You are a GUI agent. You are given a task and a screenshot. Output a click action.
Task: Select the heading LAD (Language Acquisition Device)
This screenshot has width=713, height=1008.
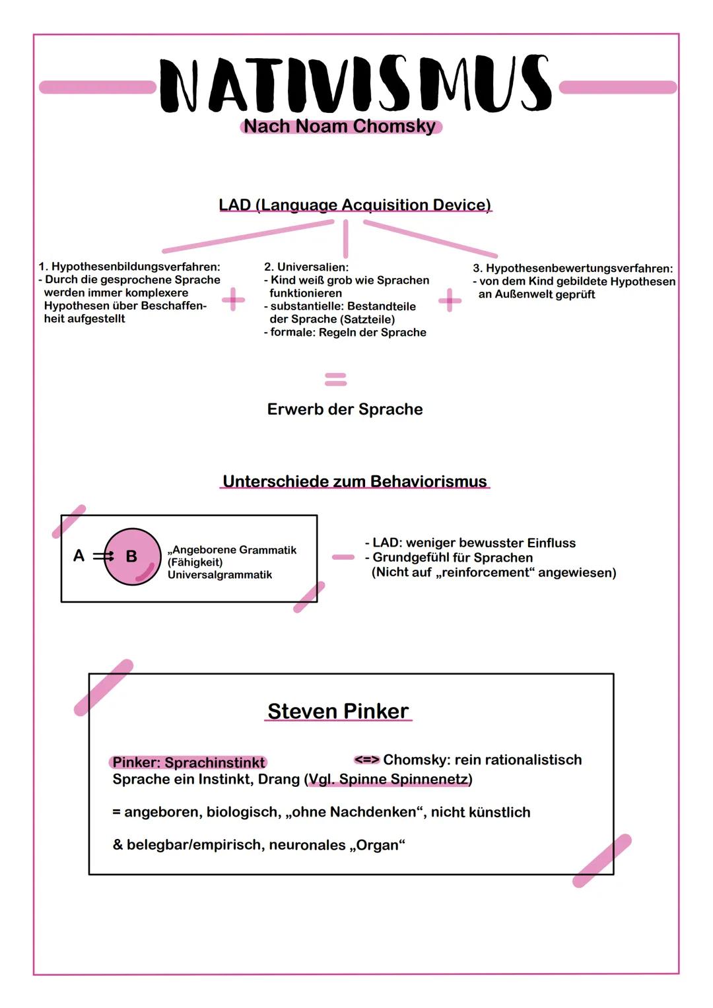coord(355,205)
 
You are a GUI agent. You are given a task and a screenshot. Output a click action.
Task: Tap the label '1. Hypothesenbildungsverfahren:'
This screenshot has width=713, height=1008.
coord(129,267)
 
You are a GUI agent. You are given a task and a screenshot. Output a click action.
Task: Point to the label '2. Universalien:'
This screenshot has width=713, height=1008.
coord(306,267)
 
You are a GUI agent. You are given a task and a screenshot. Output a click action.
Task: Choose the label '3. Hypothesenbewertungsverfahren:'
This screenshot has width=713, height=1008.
coord(573,268)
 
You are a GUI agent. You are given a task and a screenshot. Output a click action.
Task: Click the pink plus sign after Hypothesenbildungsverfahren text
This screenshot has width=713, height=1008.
coord(232,300)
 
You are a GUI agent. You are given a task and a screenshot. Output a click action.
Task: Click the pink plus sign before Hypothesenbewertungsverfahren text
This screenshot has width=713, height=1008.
coord(450,300)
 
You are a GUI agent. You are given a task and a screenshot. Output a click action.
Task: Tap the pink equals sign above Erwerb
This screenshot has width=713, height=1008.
coord(335,379)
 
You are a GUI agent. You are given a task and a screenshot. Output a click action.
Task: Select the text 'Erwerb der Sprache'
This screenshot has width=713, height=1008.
coord(345,409)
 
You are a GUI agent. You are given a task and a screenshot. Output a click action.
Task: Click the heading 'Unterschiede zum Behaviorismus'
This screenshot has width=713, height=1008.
coord(355,481)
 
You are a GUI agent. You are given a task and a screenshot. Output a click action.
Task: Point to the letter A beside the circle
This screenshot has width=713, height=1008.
coord(79,556)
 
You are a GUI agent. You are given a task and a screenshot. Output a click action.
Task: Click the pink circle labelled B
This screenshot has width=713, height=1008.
coord(132,556)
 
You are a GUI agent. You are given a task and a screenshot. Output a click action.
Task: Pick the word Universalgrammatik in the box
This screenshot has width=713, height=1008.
coord(220,575)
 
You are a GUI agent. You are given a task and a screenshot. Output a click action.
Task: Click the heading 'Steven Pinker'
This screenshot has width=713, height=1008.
coord(338,711)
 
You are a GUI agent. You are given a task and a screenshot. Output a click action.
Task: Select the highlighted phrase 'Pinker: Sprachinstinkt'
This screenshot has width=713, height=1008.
coord(189,762)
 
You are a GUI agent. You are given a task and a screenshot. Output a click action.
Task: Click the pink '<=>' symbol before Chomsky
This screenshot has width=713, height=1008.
coord(366,760)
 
